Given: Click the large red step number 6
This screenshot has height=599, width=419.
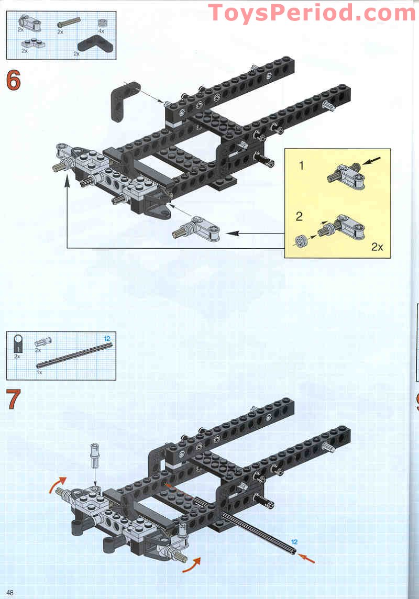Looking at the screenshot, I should tap(14, 81).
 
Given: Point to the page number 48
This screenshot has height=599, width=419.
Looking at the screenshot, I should tap(10, 592).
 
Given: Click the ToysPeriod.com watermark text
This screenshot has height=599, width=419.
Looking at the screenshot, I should tap(312, 13).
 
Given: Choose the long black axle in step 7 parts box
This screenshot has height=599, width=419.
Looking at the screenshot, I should tap(73, 355).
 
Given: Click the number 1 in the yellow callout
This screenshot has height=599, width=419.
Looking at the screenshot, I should tap(301, 166).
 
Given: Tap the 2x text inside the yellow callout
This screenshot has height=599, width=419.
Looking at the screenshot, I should tap(377, 247).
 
